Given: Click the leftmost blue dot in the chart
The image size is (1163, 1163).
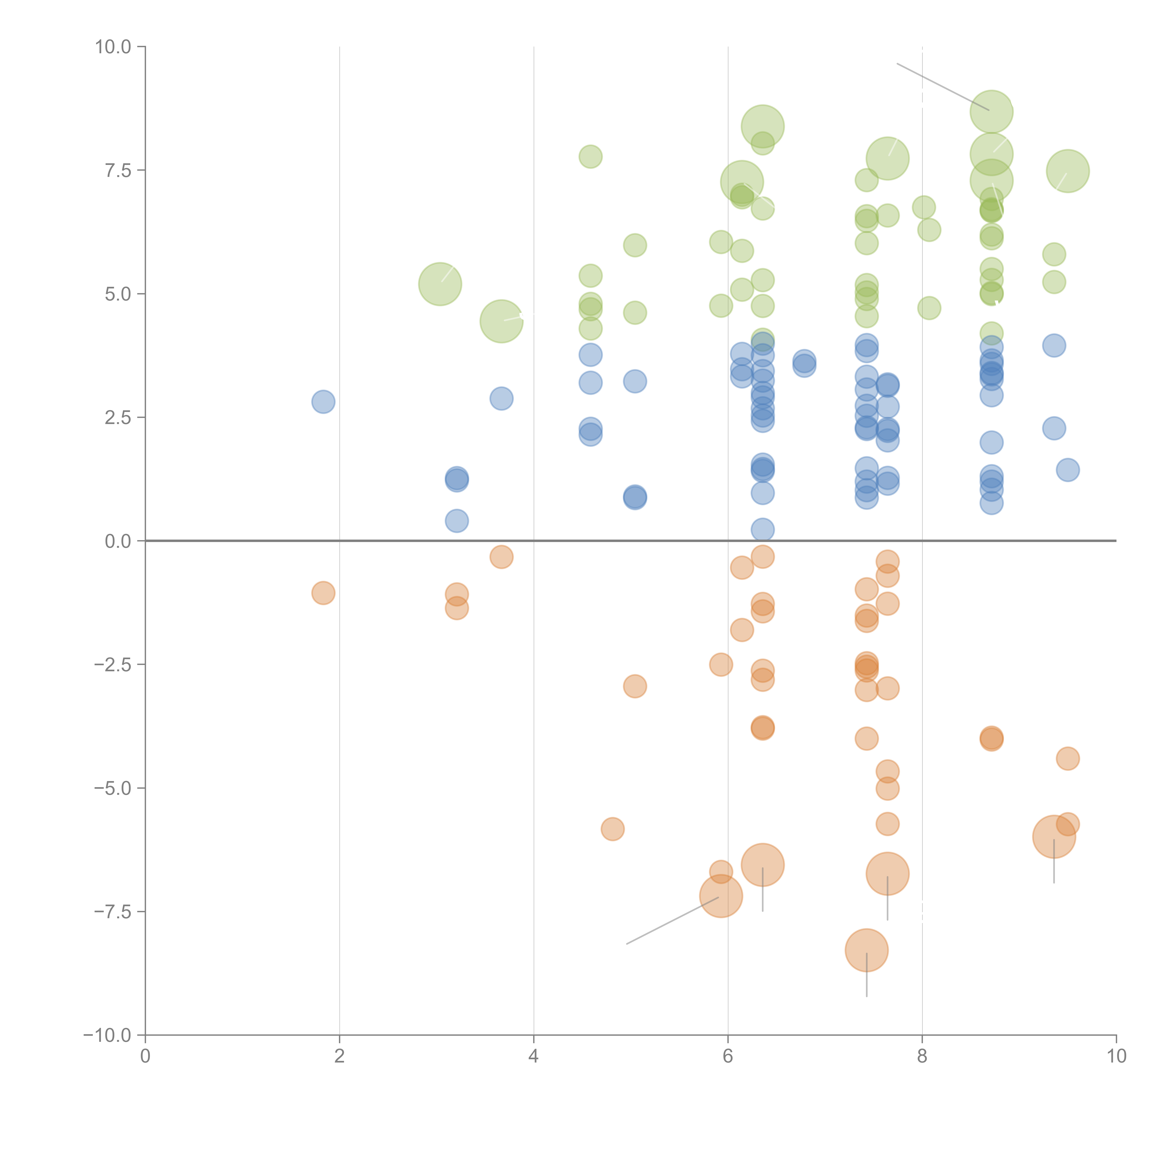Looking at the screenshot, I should [x=323, y=401].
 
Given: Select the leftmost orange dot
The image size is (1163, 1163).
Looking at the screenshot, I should [x=323, y=593].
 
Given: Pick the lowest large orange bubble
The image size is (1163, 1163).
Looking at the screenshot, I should [x=866, y=950].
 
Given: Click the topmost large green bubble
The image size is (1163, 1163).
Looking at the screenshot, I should [x=991, y=112].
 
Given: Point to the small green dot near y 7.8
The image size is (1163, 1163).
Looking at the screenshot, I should [x=591, y=157].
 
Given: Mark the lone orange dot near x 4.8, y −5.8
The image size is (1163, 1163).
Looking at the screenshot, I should [x=612, y=829].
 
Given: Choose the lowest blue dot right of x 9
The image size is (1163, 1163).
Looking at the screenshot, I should [x=1067, y=470].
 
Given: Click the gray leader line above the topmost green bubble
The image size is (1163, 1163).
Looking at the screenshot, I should [x=943, y=87].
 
